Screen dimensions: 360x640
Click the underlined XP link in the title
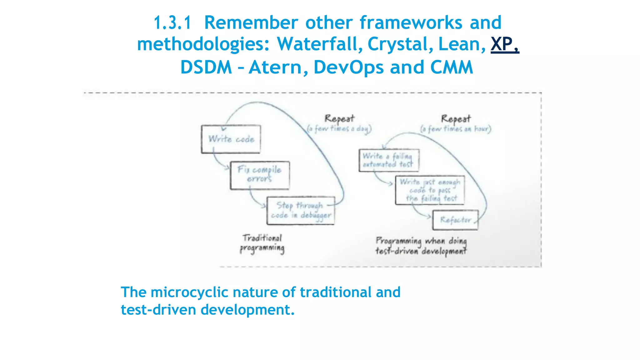504,44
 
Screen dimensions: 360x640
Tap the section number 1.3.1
172,23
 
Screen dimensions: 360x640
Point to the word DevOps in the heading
348,67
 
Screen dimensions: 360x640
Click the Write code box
231,139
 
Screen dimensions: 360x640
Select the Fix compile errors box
260,175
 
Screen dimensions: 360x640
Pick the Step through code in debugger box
301,211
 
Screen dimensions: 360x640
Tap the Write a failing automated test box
388,160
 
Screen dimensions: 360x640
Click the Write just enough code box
430,190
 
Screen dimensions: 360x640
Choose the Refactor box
455,220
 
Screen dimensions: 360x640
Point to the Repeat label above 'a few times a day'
339,118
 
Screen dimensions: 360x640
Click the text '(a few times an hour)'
456,129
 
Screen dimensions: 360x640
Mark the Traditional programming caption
262,243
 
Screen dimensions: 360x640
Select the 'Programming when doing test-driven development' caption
421,246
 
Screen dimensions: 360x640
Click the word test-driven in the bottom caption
158,310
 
